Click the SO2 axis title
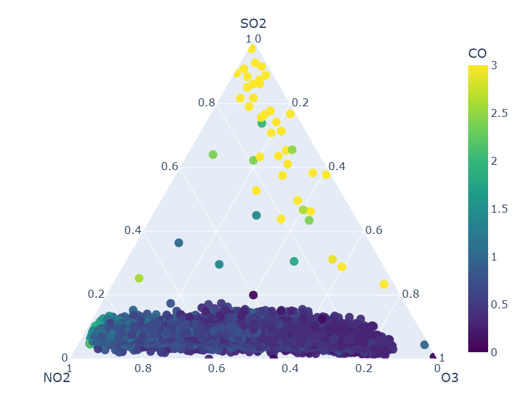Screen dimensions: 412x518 [253, 24]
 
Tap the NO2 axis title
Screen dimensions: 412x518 [56, 378]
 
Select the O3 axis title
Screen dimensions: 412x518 [450, 378]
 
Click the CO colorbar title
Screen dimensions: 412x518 [477, 53]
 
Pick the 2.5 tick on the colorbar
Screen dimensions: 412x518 [497, 113]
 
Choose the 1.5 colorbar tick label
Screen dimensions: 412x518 [497, 209]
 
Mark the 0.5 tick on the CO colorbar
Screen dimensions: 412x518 [497, 304]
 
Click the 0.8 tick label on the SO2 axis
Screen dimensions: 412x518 [207, 103]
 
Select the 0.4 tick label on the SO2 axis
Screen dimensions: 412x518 [133, 230]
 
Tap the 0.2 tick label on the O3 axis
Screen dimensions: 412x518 [300, 103]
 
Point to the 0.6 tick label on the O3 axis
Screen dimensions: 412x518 [374, 230]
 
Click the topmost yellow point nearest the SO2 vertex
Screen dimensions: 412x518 [252, 49]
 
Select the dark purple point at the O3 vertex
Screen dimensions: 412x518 [434, 358]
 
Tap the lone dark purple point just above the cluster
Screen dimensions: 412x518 [253, 295]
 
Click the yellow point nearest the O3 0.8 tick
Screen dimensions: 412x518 [384, 284]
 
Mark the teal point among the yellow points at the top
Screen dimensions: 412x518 [262, 123]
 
